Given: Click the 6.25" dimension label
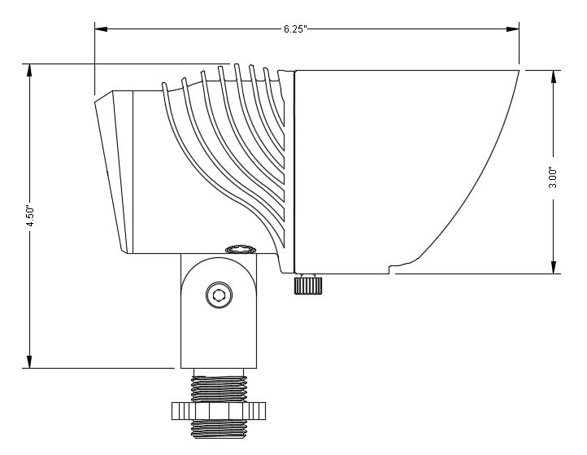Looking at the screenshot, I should [294, 29].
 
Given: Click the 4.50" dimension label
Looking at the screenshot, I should [30, 217].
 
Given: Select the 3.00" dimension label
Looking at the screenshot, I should [553, 177].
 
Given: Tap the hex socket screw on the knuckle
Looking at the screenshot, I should [217, 295].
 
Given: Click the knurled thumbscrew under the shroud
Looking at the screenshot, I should [305, 284].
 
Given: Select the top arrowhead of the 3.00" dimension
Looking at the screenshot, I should [553, 77].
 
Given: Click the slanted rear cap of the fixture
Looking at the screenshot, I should [112, 171].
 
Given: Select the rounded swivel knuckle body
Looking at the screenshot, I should [217, 309].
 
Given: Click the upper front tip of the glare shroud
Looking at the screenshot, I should [518, 72].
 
